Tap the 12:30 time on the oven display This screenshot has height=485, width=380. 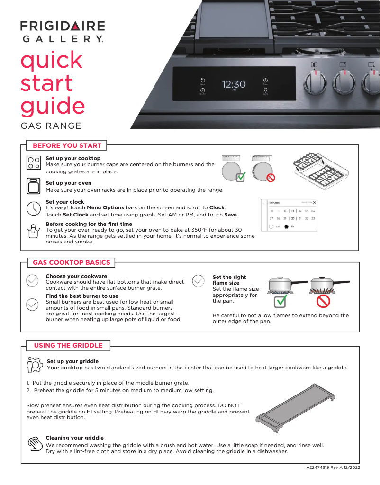pos(234,84)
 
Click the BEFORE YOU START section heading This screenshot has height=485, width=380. pos(67,145)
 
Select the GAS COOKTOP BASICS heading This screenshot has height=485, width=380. pos(71,262)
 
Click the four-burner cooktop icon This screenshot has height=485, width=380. pos(33,163)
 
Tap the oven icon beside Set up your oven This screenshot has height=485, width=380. pos(33,186)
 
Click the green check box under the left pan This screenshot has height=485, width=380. pos(280,301)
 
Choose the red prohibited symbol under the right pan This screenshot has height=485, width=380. pos(323,301)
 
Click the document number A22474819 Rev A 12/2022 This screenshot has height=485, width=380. pos(333,468)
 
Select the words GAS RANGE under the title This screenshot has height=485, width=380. pos(51,126)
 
